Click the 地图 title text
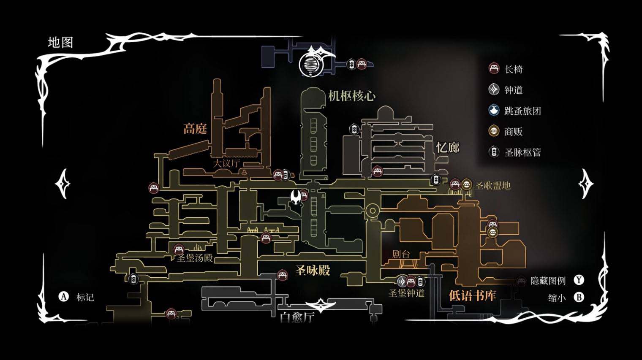(x=60, y=42)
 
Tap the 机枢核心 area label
(x=351, y=96)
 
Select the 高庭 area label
(x=195, y=129)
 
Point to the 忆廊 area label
(x=448, y=147)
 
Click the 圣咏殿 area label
(x=313, y=270)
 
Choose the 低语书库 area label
(x=472, y=295)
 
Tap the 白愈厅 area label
(x=297, y=317)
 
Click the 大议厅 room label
(x=226, y=163)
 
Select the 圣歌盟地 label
(x=492, y=185)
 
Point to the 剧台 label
(x=401, y=254)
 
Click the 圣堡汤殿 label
(x=195, y=257)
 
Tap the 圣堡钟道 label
(x=406, y=293)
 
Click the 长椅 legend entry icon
(x=494, y=68)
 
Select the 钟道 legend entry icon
(x=494, y=89)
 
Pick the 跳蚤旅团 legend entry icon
(x=494, y=111)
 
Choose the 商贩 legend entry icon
(x=494, y=131)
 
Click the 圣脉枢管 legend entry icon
(x=494, y=152)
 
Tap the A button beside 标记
(x=63, y=297)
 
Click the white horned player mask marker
(x=297, y=197)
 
